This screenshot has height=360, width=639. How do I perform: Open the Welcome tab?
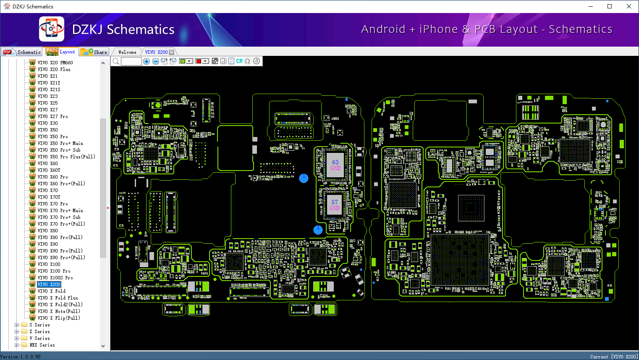(x=127, y=52)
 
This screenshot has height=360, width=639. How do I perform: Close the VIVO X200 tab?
(x=171, y=52)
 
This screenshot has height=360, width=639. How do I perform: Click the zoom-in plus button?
(x=147, y=61)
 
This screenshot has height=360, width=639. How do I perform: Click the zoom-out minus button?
(x=155, y=61)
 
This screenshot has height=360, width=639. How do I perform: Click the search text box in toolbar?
(x=131, y=61)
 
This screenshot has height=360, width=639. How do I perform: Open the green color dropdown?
(x=189, y=61)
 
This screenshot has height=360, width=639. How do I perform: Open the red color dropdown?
(x=205, y=61)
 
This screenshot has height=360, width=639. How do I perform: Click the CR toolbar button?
(x=239, y=61)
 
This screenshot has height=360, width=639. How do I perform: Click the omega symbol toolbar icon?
(x=248, y=61)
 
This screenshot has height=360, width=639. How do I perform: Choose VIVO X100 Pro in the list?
(x=54, y=271)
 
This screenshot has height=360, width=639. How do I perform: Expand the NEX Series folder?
(x=17, y=345)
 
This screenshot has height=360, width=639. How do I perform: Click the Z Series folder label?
(x=39, y=331)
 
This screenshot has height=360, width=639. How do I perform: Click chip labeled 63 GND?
(x=335, y=165)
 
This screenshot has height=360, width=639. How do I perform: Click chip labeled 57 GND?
(x=334, y=205)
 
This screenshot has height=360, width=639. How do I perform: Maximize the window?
(x=610, y=6)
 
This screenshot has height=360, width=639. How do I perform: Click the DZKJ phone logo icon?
(x=52, y=29)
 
